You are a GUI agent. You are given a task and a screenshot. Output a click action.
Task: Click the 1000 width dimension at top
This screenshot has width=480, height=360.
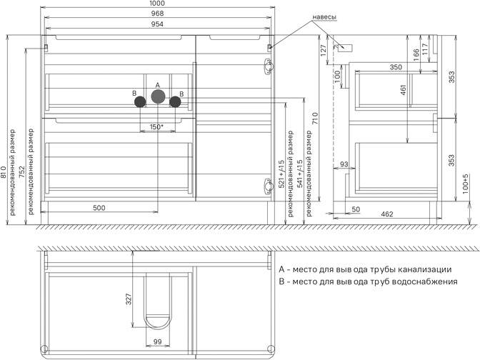click(157, 3)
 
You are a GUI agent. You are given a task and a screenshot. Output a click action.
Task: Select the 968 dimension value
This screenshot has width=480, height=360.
click(157, 14)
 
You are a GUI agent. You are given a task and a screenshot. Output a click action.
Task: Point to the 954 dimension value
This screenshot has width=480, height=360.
click(157, 24)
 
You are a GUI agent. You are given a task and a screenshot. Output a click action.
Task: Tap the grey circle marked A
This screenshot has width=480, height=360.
click(159, 96)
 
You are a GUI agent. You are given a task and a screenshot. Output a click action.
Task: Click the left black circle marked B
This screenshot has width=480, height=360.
click(140, 101)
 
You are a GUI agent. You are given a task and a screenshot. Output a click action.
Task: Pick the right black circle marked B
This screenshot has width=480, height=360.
click(175, 101)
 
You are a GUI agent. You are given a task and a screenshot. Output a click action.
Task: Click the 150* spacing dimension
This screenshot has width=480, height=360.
click(156, 126)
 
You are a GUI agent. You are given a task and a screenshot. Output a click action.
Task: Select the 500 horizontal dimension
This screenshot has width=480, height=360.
click(99, 208)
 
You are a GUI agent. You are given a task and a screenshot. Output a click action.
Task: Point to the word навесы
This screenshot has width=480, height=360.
click(324, 17)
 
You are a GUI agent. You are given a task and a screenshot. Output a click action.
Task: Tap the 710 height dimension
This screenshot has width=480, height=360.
click(315, 119)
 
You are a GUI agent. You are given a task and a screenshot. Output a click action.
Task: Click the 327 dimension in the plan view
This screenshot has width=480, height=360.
click(129, 299)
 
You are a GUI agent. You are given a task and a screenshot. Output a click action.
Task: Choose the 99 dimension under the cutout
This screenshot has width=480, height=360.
click(157, 341)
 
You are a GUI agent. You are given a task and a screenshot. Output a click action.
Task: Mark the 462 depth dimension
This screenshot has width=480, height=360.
click(387, 214)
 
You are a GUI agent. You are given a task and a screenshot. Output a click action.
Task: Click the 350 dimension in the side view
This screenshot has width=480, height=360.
click(396, 67)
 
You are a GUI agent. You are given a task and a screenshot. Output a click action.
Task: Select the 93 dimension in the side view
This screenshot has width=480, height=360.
click(344, 164)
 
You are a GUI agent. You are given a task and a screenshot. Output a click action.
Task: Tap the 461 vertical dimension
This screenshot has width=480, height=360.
click(403, 90)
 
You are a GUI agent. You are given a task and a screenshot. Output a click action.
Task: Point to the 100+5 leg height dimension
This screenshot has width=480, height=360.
click(465, 184)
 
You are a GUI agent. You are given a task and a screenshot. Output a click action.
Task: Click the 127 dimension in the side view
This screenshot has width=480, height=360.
click(324, 51)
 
